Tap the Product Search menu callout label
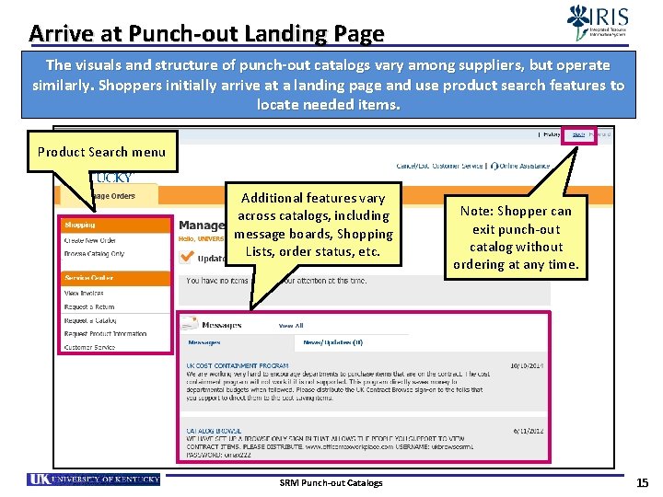[102, 152]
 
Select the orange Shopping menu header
[80, 225]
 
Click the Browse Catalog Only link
[94, 254]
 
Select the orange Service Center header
[88, 277]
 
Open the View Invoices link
[84, 293]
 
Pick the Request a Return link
[90, 306]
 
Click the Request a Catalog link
[91, 320]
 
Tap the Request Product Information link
[105, 333]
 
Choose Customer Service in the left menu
[89, 347]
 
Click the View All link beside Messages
[291, 326]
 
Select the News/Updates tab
[332, 342]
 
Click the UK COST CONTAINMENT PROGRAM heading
[238, 365]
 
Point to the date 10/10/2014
[526, 365]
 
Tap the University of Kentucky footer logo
[94, 480]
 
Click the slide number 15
[642, 482]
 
